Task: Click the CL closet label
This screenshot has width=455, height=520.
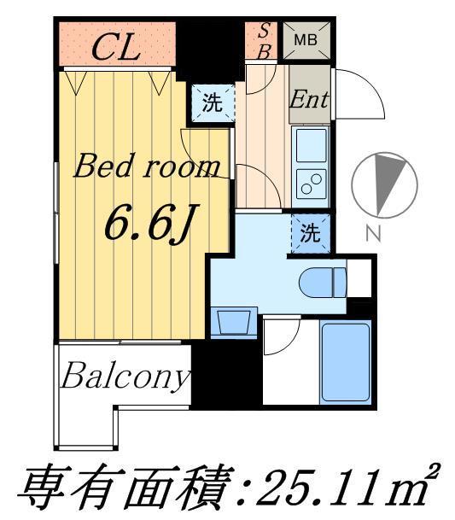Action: [115, 46]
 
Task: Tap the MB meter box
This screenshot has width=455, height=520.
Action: [306, 39]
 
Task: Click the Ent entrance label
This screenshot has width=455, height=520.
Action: [309, 97]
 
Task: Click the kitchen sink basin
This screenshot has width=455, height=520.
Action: [311, 146]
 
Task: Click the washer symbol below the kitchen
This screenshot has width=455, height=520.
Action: [310, 232]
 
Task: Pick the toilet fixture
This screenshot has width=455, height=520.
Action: [323, 279]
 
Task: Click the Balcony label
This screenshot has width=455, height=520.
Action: [125, 376]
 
